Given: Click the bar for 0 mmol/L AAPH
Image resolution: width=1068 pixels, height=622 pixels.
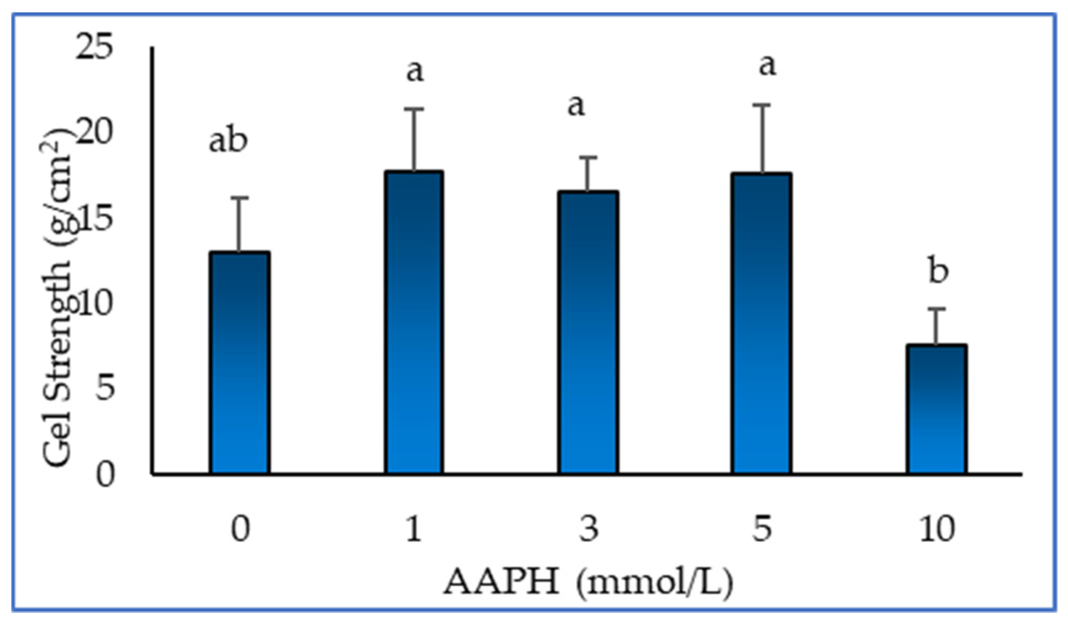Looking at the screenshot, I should pyautogui.click(x=240, y=363).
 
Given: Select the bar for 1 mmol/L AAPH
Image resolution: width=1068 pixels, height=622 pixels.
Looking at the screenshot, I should pyautogui.click(x=414, y=323).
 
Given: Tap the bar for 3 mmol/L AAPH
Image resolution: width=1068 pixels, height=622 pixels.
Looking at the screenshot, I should pyautogui.click(x=588, y=333).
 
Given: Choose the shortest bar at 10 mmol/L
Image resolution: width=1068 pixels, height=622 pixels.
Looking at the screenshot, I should pyautogui.click(x=937, y=409).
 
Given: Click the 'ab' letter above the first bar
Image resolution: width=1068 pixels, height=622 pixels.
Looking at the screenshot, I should pyautogui.click(x=228, y=141).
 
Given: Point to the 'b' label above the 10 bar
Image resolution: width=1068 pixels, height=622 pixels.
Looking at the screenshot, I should pyautogui.click(x=938, y=272).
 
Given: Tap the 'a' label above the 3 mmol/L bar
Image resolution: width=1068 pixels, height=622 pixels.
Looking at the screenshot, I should pyautogui.click(x=576, y=106).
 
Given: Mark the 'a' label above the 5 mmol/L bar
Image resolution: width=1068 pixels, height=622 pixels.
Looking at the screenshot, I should pyautogui.click(x=767, y=66).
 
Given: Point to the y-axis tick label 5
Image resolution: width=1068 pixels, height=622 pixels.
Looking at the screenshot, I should pyautogui.click(x=105, y=389).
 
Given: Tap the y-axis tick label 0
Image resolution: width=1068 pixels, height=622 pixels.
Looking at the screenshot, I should pyautogui.click(x=105, y=474).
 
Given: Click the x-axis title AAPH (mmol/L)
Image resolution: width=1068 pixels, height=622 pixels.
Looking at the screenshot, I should pyautogui.click(x=588, y=583).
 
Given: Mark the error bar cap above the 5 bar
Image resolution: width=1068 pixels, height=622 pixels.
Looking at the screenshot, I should pyautogui.click(x=763, y=105).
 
